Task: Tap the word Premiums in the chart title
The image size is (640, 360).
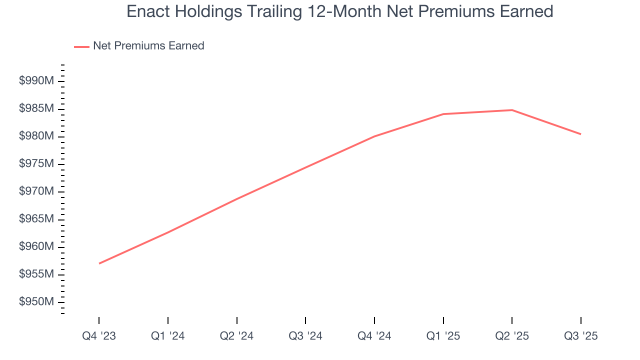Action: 435,11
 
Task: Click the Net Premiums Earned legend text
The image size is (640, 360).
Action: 148,45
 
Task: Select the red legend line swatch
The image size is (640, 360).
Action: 81,46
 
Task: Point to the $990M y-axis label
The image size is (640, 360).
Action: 36,81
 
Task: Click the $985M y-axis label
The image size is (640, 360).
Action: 36,108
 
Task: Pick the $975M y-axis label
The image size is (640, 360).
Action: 36,164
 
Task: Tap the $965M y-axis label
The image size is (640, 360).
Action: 36,219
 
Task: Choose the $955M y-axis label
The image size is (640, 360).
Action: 36,274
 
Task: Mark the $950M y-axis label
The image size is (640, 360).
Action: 36,302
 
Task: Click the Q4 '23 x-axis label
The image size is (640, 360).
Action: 99,336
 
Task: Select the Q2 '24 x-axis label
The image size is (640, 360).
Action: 236,336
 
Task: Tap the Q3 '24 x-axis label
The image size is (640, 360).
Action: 305,336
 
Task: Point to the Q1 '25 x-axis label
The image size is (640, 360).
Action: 443,336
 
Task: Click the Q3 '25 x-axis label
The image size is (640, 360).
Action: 580,336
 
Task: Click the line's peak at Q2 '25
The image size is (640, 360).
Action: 512,110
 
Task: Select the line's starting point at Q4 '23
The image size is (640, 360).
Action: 99,263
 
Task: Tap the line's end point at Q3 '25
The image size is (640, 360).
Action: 580,134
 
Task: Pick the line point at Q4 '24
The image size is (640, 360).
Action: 374,136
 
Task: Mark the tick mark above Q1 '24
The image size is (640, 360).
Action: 168,320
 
